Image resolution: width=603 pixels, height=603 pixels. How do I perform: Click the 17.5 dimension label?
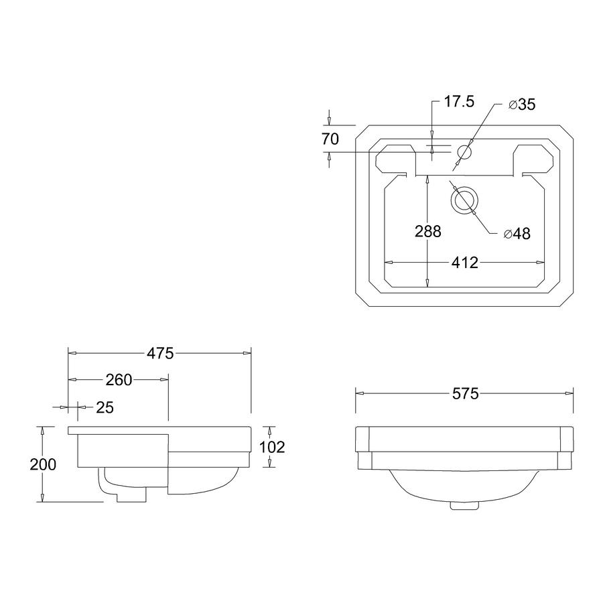click(x=459, y=102)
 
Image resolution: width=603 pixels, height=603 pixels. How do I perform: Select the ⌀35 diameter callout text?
click(x=522, y=105)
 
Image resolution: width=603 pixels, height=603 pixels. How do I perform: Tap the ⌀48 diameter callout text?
click(x=517, y=233)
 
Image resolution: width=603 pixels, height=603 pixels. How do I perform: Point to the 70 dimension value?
click(x=330, y=139)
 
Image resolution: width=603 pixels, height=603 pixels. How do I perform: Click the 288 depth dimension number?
click(x=428, y=232)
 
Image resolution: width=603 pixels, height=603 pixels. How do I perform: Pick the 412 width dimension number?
click(x=465, y=263)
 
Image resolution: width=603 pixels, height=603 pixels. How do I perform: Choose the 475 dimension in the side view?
click(x=160, y=353)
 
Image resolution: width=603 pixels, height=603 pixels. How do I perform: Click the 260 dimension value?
click(x=119, y=380)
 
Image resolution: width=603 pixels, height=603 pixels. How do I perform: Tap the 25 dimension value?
click(x=105, y=407)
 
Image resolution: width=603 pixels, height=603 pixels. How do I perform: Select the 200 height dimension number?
click(x=43, y=464)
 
